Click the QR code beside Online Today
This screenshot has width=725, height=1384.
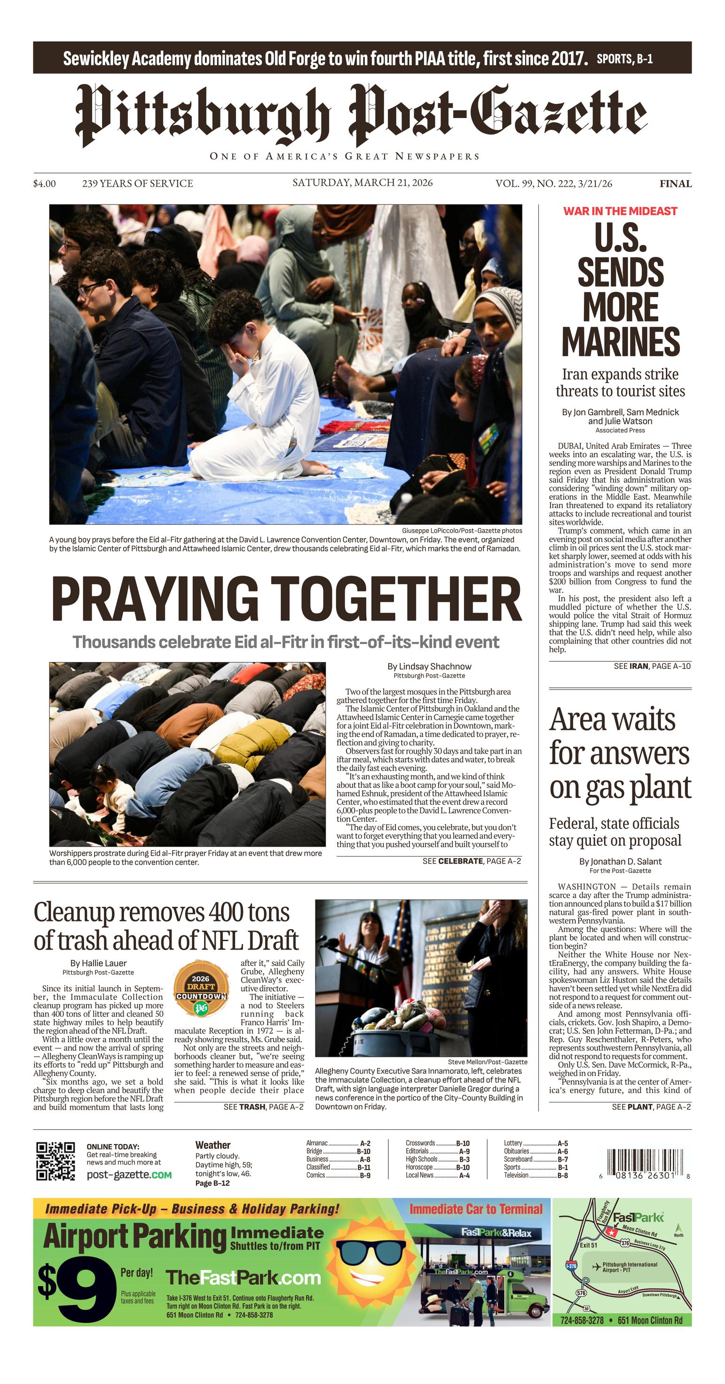pyautogui.click(x=55, y=1161)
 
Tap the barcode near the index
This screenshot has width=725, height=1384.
pyautogui.click(x=642, y=1161)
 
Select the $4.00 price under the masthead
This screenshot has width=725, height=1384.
pyautogui.click(x=45, y=184)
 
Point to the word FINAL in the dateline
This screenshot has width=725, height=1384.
pyautogui.click(x=676, y=184)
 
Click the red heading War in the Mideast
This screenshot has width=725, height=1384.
pyautogui.click(x=620, y=211)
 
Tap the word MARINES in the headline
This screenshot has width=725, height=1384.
pyautogui.click(x=621, y=341)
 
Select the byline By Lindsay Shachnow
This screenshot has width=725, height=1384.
pyautogui.click(x=429, y=666)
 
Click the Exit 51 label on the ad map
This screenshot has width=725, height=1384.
pyautogui.click(x=588, y=1245)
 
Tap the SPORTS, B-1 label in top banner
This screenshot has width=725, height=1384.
pyautogui.click(x=624, y=59)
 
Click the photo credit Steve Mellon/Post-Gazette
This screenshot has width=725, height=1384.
pyautogui.click(x=487, y=1062)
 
